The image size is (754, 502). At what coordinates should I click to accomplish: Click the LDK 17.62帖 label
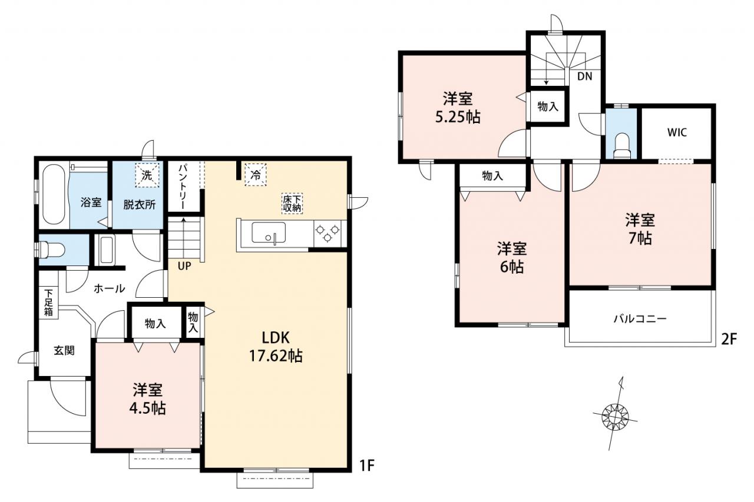276,347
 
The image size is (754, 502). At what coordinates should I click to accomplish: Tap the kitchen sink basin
269,232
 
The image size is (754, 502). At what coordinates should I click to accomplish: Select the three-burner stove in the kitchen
326,233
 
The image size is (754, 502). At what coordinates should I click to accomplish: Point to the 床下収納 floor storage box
292,204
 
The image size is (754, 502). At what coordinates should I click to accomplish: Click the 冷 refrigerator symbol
256,175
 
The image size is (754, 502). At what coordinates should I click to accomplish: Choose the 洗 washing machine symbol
147,175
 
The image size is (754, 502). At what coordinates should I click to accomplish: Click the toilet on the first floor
51,250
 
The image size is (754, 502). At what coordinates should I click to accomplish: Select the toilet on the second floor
621,147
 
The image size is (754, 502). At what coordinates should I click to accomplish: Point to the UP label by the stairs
184,266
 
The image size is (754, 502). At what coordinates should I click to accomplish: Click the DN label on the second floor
585,77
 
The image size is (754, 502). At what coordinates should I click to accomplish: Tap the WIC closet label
677,132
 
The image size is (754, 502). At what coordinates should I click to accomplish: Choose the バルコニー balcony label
640,318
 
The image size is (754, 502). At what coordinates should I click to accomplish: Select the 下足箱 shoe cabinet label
48,302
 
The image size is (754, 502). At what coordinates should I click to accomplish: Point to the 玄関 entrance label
64,351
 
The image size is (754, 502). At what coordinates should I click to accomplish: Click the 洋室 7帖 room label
640,229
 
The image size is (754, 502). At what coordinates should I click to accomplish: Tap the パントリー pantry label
183,187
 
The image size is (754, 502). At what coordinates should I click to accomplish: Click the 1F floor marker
367,466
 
